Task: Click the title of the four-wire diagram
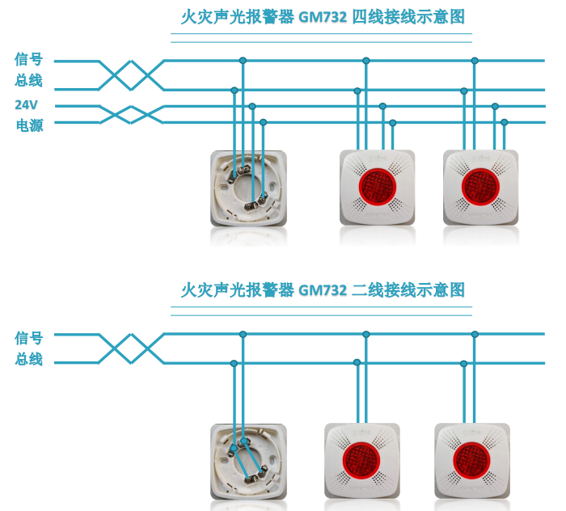coord(322,17)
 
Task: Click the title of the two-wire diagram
coord(322,289)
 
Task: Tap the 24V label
coord(26,105)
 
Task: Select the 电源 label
coord(29,125)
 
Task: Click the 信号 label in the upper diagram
coord(29,60)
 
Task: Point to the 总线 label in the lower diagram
coord(29,360)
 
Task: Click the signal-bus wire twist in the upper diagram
coord(132,75)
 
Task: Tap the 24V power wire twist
coord(132,114)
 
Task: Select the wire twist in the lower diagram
coord(132,348)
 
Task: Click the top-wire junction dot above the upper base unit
coord(243,61)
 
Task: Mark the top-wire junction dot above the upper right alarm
coord(475,61)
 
